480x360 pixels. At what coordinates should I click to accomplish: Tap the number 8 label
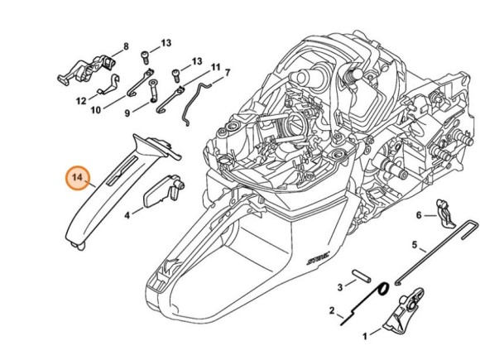tap(126, 46)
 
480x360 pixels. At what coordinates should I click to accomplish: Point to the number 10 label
tap(96, 109)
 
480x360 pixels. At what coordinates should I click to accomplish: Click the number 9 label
tap(128, 113)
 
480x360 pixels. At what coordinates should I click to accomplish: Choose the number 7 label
tap(227, 73)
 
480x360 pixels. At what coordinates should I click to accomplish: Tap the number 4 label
tap(127, 214)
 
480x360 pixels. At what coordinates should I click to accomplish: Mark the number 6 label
tap(420, 215)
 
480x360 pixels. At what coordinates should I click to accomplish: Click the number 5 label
tap(415, 246)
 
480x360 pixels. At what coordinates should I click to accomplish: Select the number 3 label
tap(340, 287)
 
